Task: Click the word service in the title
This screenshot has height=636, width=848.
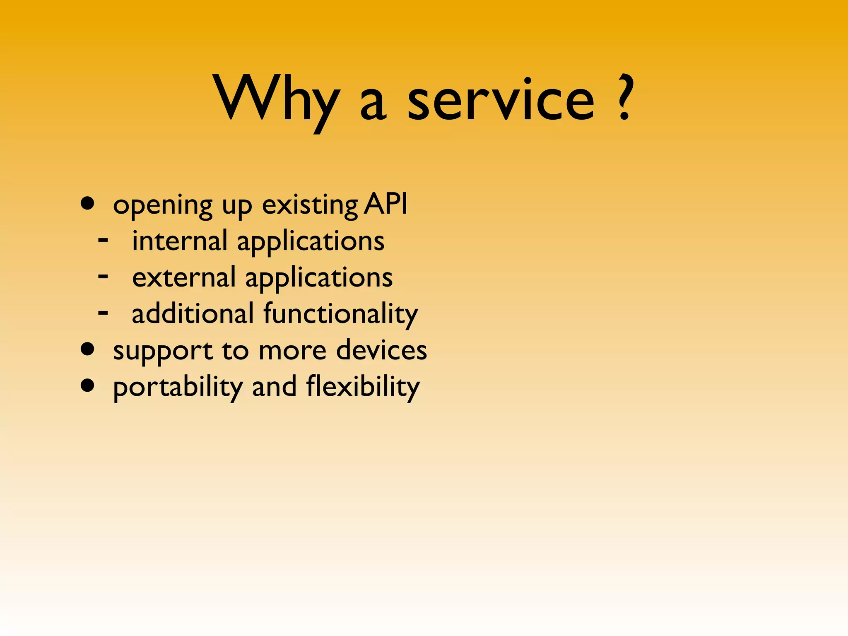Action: click(501, 99)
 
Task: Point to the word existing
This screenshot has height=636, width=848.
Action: click(310, 205)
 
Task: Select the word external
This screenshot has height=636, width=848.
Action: click(184, 277)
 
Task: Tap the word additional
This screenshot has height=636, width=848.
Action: click(193, 313)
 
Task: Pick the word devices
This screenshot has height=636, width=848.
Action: click(381, 350)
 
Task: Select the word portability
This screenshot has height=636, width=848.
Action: click(178, 388)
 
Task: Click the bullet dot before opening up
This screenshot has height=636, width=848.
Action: click(88, 204)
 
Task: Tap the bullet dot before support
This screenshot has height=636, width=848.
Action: click(88, 349)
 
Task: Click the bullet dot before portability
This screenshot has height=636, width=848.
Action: click(88, 385)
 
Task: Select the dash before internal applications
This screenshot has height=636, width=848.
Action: click(103, 239)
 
